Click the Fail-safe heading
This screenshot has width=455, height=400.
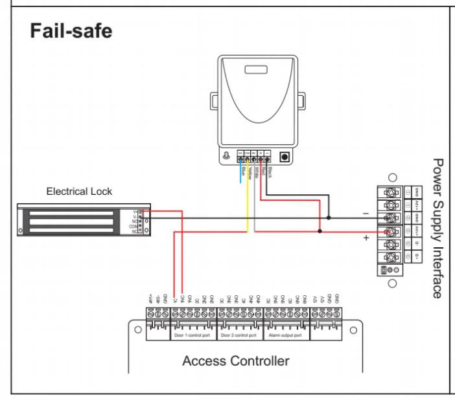click(x=71, y=32)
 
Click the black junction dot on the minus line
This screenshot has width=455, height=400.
click(x=329, y=217)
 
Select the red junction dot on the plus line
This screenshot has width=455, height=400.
click(x=320, y=229)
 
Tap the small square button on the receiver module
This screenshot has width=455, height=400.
click(x=283, y=157)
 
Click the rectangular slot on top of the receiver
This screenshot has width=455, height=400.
click(x=254, y=69)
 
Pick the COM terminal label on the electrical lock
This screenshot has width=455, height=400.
click(x=135, y=225)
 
